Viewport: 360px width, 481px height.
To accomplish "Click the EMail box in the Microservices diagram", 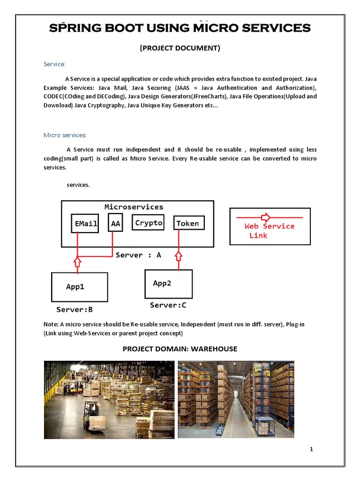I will click(85, 224).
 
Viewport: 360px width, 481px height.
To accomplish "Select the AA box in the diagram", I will click(115, 224).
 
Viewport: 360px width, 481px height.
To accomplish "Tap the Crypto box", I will click(149, 223).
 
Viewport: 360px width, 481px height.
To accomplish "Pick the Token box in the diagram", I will click(187, 224).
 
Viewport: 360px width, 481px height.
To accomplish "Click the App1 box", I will click(79, 287).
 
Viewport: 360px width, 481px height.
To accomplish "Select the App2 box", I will click(168, 284).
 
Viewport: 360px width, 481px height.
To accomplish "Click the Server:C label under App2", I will click(168, 305).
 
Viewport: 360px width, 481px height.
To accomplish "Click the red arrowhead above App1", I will click(78, 261).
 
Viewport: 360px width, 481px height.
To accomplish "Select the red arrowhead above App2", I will click(179, 256).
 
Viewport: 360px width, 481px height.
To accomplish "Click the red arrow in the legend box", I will click(265, 217).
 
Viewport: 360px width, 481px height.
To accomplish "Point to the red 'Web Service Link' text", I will click(269, 231).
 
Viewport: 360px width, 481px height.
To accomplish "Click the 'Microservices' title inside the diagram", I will click(134, 207).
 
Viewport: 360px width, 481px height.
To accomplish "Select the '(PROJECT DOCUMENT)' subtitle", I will click(180, 48).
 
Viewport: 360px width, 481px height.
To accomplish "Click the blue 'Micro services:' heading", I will click(65, 135).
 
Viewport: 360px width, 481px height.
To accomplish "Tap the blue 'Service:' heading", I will click(55, 64).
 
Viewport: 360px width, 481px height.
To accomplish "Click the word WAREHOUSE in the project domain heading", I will click(214, 349).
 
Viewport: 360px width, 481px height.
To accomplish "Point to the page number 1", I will click(311, 449).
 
